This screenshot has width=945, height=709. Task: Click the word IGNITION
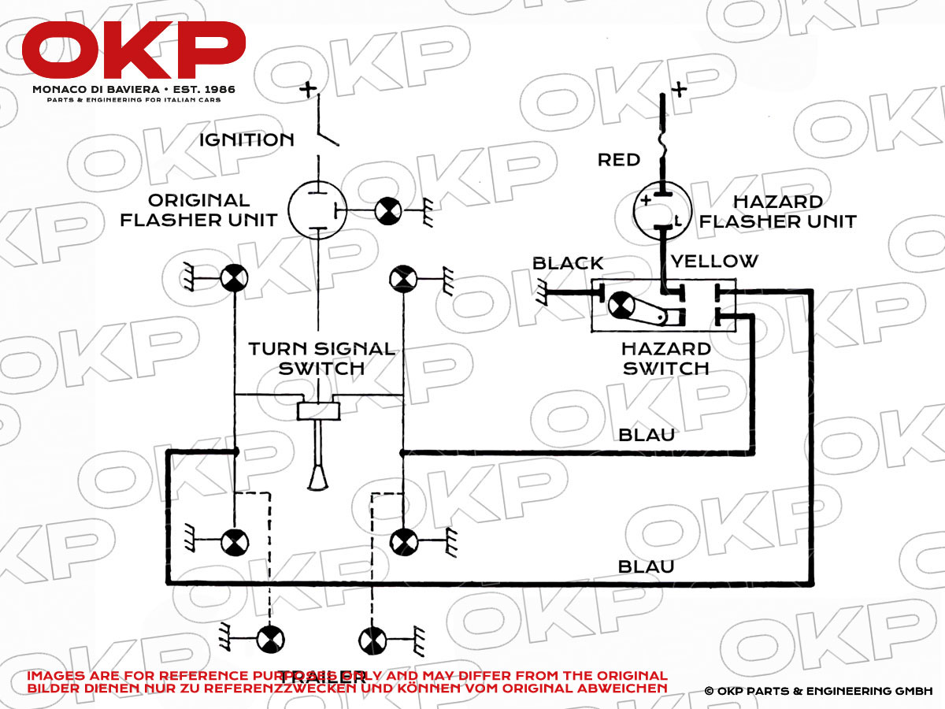(x=246, y=140)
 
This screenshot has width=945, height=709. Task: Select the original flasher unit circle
(x=317, y=210)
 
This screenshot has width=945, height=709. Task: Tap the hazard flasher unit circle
(x=662, y=210)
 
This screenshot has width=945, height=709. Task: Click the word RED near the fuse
(x=619, y=160)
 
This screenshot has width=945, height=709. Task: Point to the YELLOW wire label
(x=713, y=261)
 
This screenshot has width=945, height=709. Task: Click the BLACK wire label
(x=568, y=262)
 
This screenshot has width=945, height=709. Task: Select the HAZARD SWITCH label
(x=666, y=358)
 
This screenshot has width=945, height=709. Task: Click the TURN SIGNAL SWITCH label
(x=321, y=358)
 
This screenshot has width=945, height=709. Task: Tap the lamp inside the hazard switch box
(x=623, y=304)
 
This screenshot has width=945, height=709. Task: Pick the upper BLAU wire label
(x=647, y=434)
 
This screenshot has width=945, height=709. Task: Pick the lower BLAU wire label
(x=647, y=566)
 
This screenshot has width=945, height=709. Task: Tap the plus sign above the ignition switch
(x=308, y=88)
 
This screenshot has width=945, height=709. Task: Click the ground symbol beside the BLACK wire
(x=542, y=294)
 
